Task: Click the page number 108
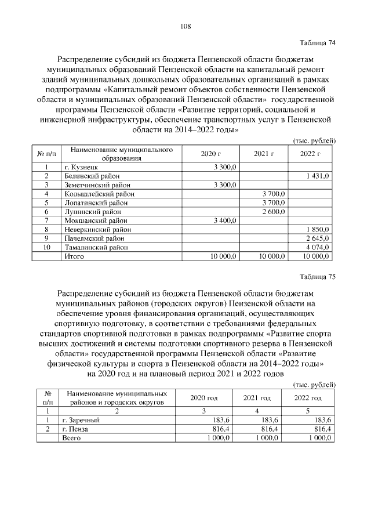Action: click(x=185, y=26)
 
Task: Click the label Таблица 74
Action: click(x=317, y=43)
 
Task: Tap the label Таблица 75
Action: click(x=317, y=276)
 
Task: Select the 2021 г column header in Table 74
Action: click(x=264, y=154)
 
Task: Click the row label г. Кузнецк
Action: click(x=81, y=166)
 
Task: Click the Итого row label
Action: click(x=74, y=256)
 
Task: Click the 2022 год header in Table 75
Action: click(x=308, y=398)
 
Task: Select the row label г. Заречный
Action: click(x=82, y=419)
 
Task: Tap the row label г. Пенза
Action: click(x=78, y=429)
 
